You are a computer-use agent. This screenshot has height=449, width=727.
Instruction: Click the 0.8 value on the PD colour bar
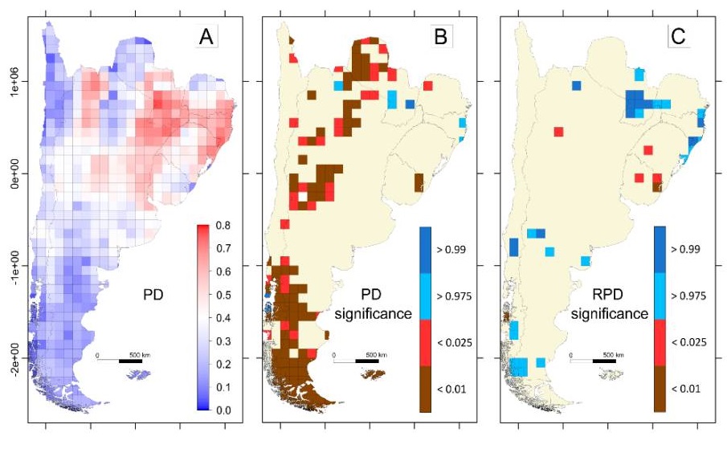point(227,226)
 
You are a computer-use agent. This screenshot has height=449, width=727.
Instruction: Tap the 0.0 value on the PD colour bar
point(227,410)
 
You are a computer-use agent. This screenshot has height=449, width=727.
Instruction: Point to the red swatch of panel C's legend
point(660,342)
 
